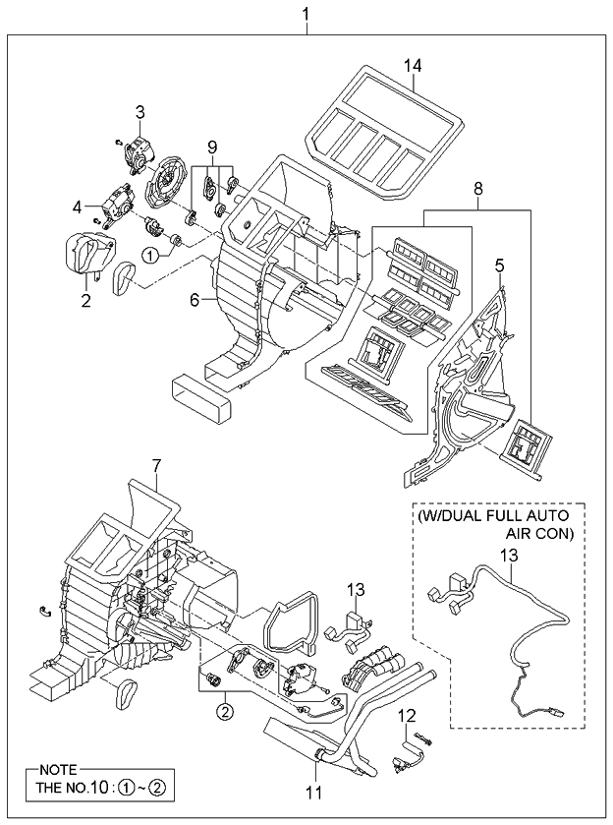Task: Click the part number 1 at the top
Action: [x=307, y=14]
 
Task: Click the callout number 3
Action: [x=140, y=111]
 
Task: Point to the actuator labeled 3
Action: [x=139, y=150]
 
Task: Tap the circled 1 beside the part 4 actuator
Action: [x=148, y=254]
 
